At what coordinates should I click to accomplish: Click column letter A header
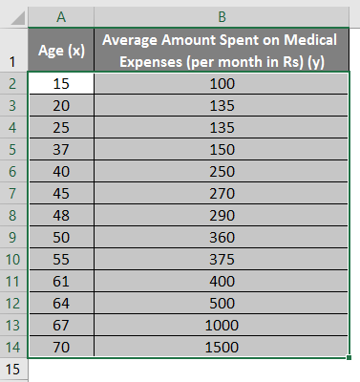pyautogui.click(x=61, y=16)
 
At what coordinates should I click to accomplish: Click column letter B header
pyautogui.click(x=222, y=16)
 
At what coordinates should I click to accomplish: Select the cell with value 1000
pyautogui.click(x=222, y=324)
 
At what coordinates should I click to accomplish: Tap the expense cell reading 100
pyautogui.click(x=222, y=82)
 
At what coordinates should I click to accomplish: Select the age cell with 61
pyautogui.click(x=61, y=280)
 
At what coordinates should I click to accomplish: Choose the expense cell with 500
pyautogui.click(x=222, y=302)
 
